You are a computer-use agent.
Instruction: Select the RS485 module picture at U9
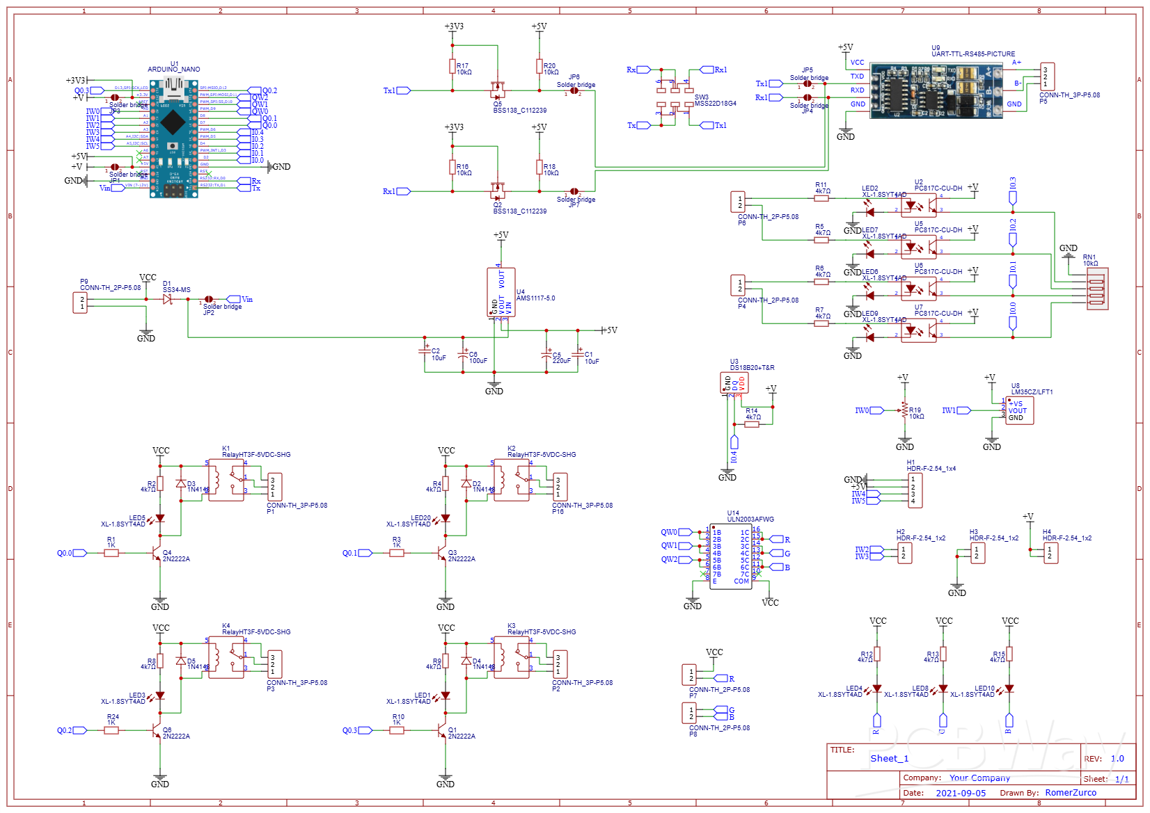[x=936, y=90]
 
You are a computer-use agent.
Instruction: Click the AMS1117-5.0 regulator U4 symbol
[x=501, y=292]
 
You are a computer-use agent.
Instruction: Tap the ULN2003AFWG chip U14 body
[x=731, y=556]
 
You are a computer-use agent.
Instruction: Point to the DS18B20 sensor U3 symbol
[x=734, y=383]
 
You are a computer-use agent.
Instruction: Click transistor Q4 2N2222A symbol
[x=157, y=553]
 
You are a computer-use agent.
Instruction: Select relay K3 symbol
[x=511, y=657]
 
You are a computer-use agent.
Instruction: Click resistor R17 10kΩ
[x=452, y=67]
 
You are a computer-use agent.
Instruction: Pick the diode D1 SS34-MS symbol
[x=168, y=299]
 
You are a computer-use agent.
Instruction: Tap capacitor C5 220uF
[x=546, y=355]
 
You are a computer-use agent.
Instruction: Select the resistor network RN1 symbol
[x=1096, y=289]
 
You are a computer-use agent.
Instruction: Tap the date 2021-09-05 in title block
[x=961, y=793]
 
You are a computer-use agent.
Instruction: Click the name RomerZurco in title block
[x=1071, y=793]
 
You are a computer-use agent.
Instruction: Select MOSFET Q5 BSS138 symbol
[x=497, y=90]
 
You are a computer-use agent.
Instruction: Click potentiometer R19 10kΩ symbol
[x=905, y=410]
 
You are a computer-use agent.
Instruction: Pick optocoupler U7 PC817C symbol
[x=919, y=330]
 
